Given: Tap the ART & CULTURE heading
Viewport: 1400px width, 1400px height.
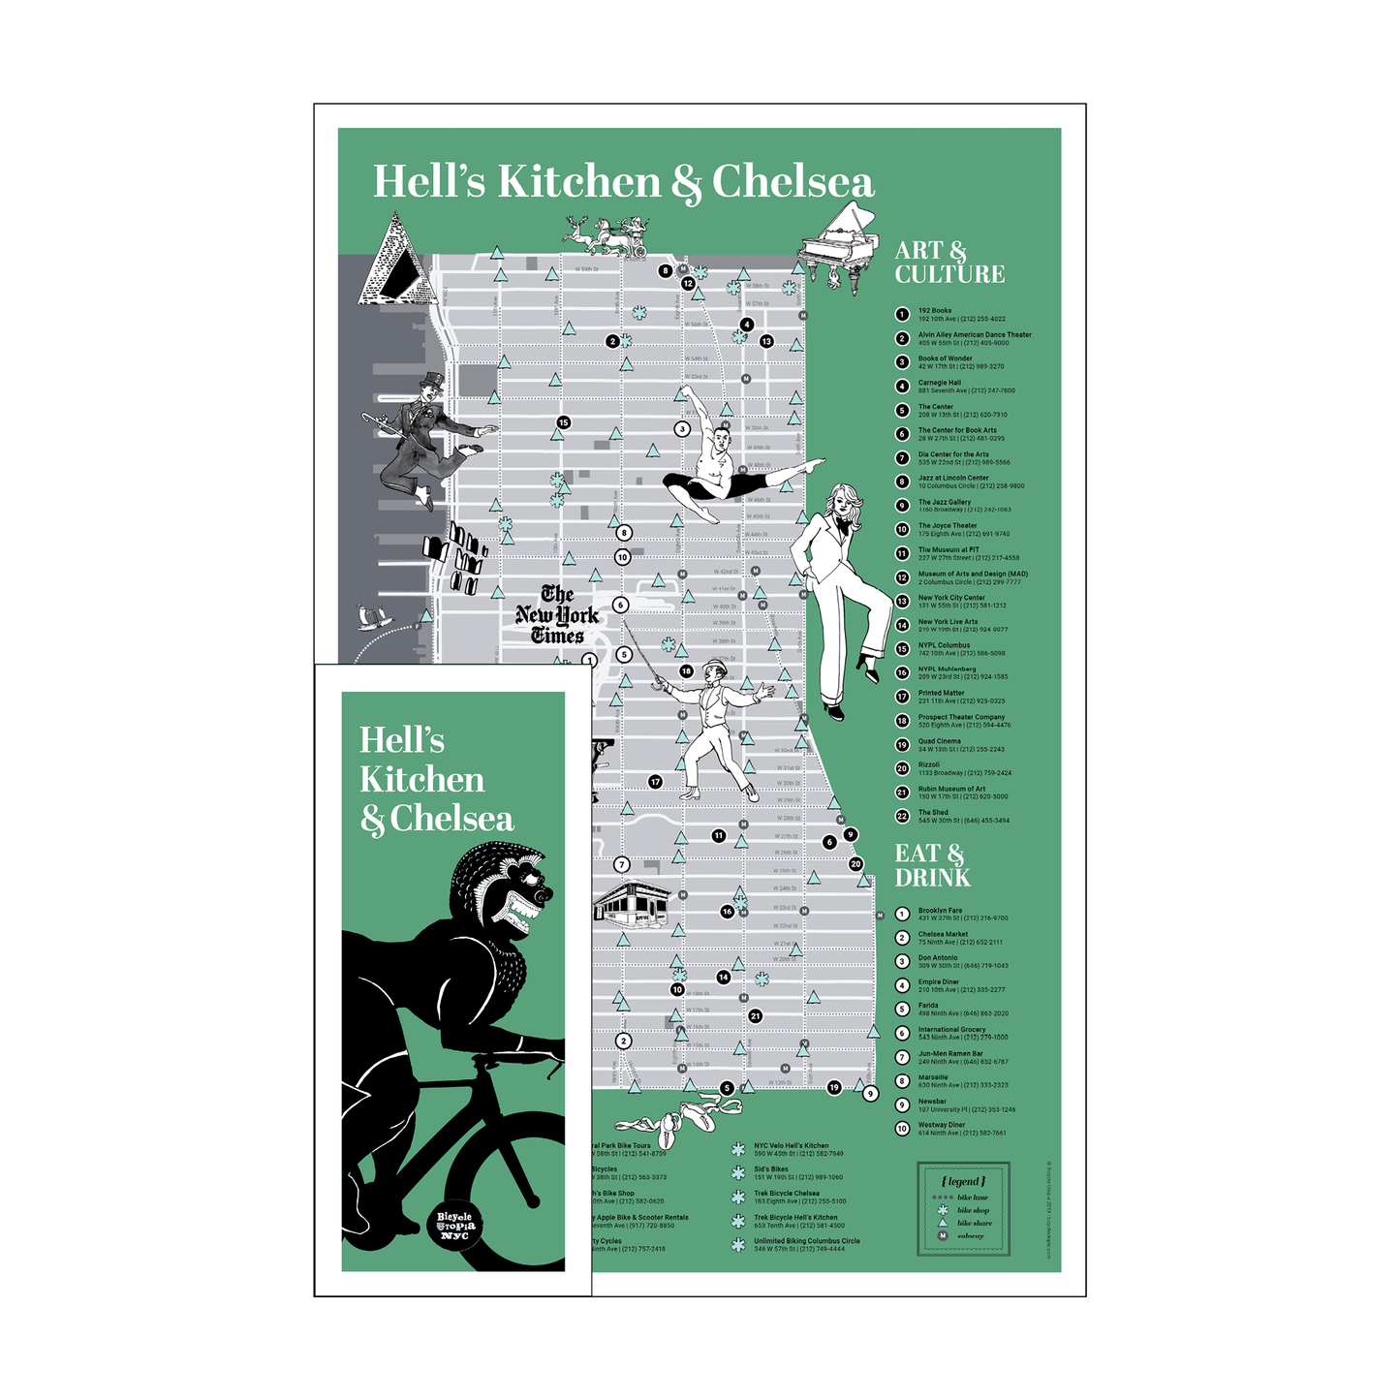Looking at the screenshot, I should pos(949,263).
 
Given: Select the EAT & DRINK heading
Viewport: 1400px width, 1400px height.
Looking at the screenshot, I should pos(931,865).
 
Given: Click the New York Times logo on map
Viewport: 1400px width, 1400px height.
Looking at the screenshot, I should pos(557,614).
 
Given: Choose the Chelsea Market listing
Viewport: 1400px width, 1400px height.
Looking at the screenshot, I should pos(959,938).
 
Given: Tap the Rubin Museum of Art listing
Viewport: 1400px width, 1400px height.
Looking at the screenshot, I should pos(962,793).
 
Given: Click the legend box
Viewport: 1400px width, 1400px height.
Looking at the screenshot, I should pos(962,1208).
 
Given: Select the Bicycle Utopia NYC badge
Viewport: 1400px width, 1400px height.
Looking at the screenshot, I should pos(454,1226).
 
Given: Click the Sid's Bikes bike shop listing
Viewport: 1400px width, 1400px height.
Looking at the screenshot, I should pos(797,1173).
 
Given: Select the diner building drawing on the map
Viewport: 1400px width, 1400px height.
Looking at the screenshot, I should pos(631,903).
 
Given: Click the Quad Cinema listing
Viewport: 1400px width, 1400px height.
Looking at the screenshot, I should pos(960,745).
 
